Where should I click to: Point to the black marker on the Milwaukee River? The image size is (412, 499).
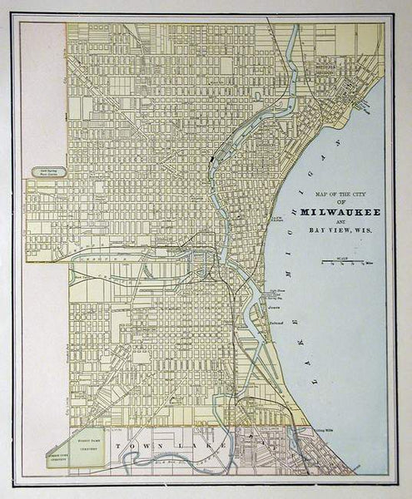coord(214,153)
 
